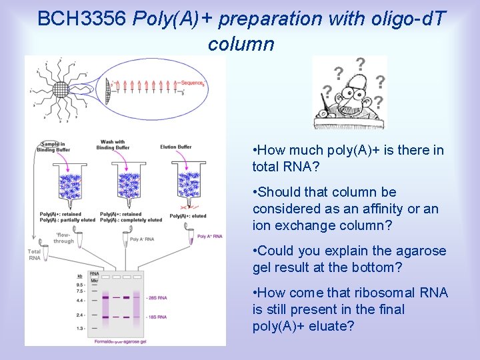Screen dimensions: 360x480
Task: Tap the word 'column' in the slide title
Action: point(241,45)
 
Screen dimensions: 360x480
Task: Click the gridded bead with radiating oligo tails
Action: point(61,89)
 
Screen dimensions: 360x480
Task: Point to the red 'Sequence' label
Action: point(192,83)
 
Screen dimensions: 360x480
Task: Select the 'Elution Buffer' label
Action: point(175,147)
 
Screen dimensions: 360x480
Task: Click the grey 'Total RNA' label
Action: point(34,255)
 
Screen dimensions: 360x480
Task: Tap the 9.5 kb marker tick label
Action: point(79,284)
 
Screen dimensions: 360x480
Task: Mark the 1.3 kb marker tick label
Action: point(79,329)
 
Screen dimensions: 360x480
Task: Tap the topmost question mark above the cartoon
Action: point(360,64)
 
